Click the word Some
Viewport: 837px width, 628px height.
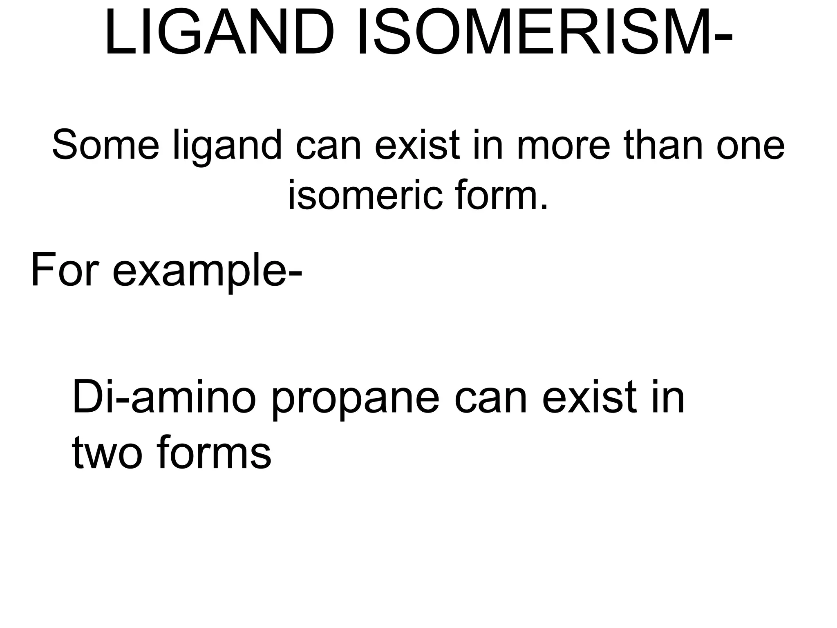point(105,146)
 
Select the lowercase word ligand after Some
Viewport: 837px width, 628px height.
point(227,146)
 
